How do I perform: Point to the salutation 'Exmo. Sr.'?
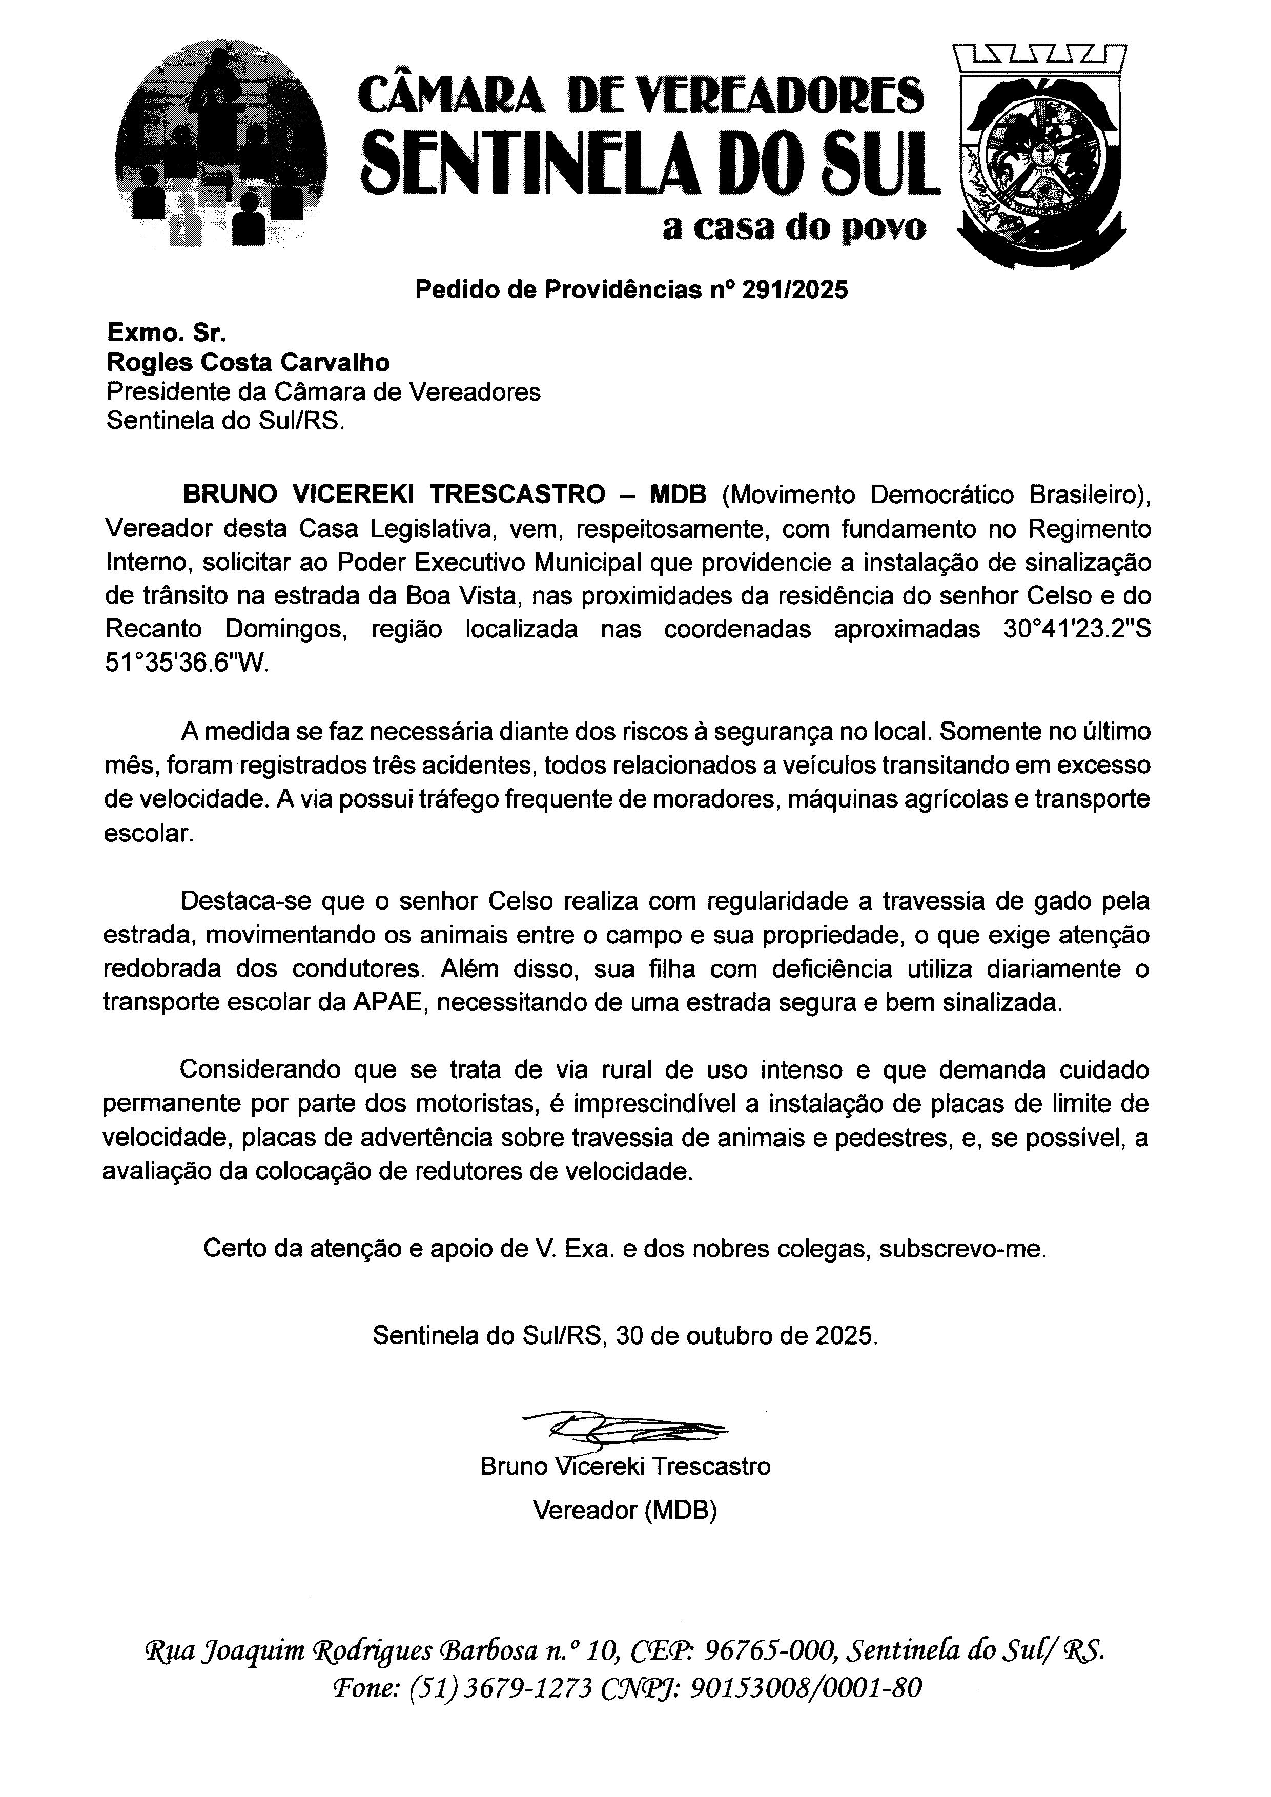(x=167, y=334)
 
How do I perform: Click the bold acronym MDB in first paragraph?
(x=678, y=495)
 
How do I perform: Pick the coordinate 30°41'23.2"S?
(x=1077, y=630)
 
